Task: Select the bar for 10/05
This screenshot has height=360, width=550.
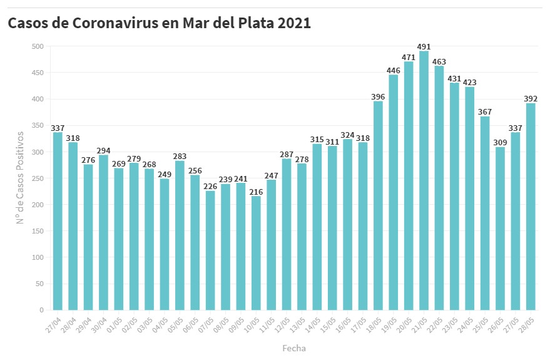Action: (x=256, y=253)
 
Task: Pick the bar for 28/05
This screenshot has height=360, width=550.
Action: (x=531, y=207)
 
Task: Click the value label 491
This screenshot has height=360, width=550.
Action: (x=424, y=46)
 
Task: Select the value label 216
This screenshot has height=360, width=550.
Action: (x=256, y=192)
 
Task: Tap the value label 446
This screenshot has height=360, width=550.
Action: (x=394, y=70)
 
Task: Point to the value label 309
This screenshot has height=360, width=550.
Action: (x=501, y=142)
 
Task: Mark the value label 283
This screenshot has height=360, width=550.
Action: (x=180, y=156)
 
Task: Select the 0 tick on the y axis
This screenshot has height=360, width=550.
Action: (x=41, y=310)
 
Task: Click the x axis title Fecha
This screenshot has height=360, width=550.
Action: (x=294, y=347)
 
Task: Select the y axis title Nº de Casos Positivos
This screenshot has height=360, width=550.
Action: (x=20, y=178)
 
